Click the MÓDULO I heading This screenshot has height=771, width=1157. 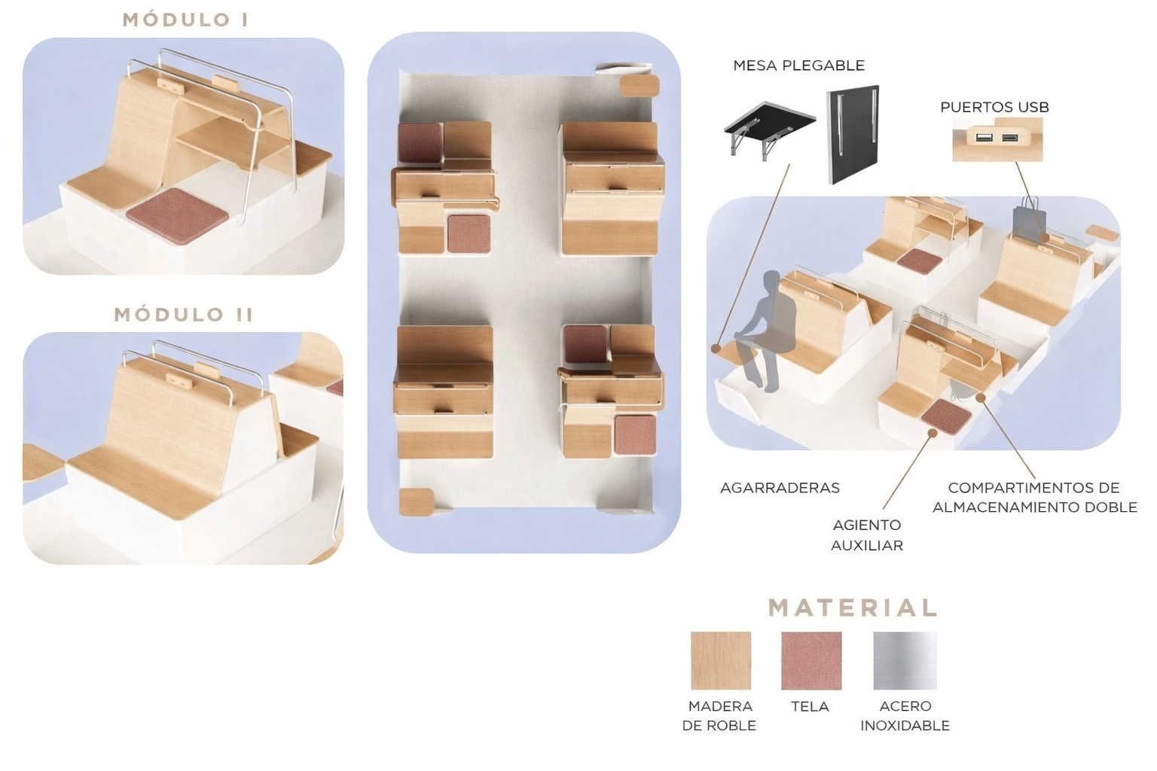[x=185, y=20]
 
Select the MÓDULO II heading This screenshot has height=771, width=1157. [x=184, y=315]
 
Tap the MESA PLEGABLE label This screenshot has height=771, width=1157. [x=798, y=66]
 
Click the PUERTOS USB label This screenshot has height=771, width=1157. [x=994, y=108]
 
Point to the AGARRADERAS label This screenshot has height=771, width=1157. [x=780, y=488]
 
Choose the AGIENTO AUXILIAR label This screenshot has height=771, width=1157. [x=867, y=535]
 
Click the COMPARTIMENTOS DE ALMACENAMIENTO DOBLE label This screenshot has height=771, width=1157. [x=1034, y=497]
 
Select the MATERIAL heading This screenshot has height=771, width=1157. [x=852, y=608]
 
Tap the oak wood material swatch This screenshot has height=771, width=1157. [x=721, y=660]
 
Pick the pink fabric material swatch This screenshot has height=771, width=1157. [x=811, y=660]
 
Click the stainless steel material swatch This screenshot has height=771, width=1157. [x=905, y=660]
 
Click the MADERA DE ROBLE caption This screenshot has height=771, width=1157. [x=719, y=716]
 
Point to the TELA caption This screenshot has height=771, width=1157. [x=810, y=706]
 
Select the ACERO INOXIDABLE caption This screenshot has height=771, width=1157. [x=905, y=716]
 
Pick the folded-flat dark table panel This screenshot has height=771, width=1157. [x=852, y=134]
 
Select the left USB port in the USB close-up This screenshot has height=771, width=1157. [x=983, y=138]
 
